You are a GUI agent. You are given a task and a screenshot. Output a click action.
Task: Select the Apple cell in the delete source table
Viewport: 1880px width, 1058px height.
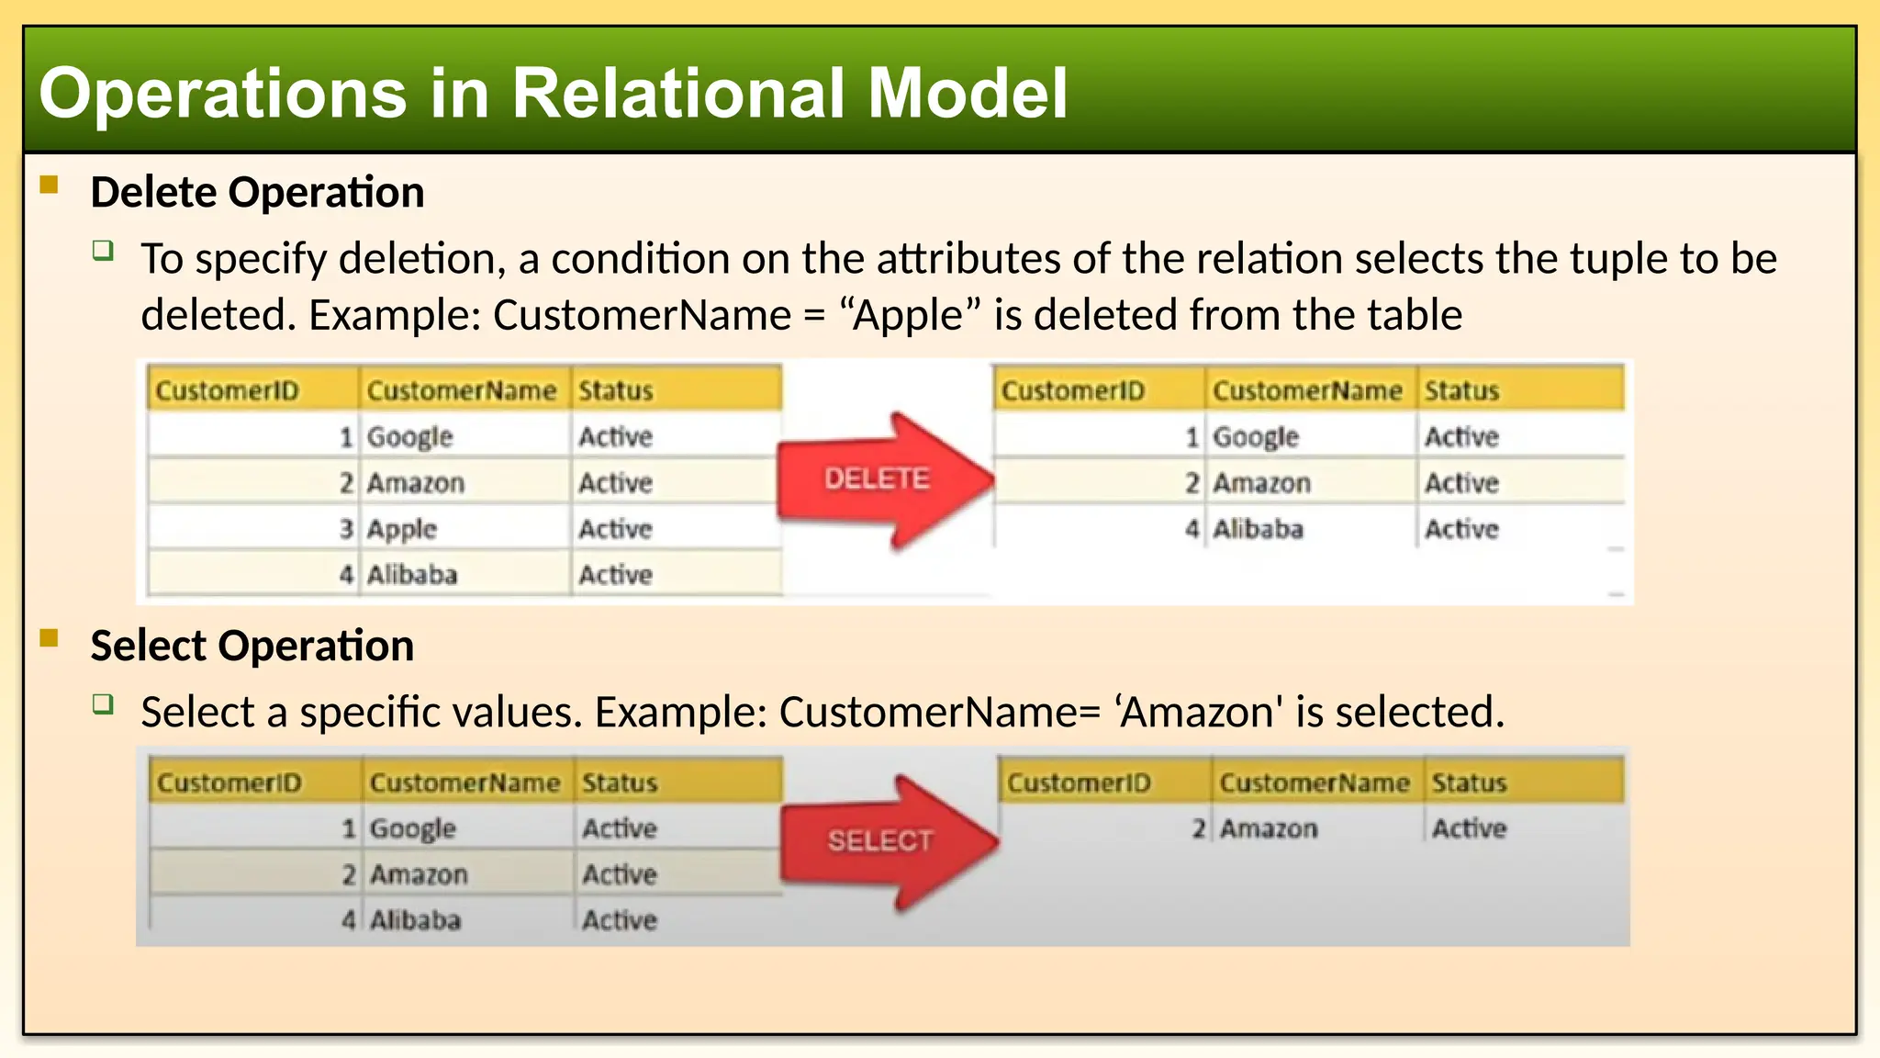[402, 529]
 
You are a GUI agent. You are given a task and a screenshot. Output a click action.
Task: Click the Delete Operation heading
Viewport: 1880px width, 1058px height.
[257, 193]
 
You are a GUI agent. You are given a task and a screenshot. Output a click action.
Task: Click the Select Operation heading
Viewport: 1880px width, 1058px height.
[252, 646]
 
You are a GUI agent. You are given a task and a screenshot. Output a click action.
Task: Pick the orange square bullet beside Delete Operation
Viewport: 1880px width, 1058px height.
[50, 186]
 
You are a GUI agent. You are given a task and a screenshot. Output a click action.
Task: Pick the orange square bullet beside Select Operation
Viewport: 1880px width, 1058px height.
[50, 638]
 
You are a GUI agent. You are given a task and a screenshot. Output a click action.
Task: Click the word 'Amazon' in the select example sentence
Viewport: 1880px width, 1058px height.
[1197, 712]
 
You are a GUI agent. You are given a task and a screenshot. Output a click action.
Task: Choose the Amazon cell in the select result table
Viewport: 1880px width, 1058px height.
[1269, 828]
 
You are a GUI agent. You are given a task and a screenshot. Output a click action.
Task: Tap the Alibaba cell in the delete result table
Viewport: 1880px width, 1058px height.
[1258, 529]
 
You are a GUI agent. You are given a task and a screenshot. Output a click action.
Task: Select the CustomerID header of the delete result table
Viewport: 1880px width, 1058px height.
[1072, 391]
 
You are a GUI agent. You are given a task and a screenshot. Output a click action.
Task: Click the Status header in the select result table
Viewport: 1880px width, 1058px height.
[1469, 782]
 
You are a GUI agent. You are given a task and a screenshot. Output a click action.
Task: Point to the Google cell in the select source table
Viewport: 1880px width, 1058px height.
[413, 828]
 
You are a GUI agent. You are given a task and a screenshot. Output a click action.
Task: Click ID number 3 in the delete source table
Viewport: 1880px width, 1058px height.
[346, 529]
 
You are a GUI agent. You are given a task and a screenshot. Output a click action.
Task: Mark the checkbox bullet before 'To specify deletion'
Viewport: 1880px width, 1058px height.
[103, 251]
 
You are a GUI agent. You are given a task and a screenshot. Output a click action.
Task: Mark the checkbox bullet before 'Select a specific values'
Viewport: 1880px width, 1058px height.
[103, 704]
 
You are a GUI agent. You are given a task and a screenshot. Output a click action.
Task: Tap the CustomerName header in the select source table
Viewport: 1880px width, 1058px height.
[464, 782]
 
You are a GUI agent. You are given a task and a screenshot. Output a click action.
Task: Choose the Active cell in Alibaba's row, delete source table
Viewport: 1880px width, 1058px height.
[615, 575]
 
